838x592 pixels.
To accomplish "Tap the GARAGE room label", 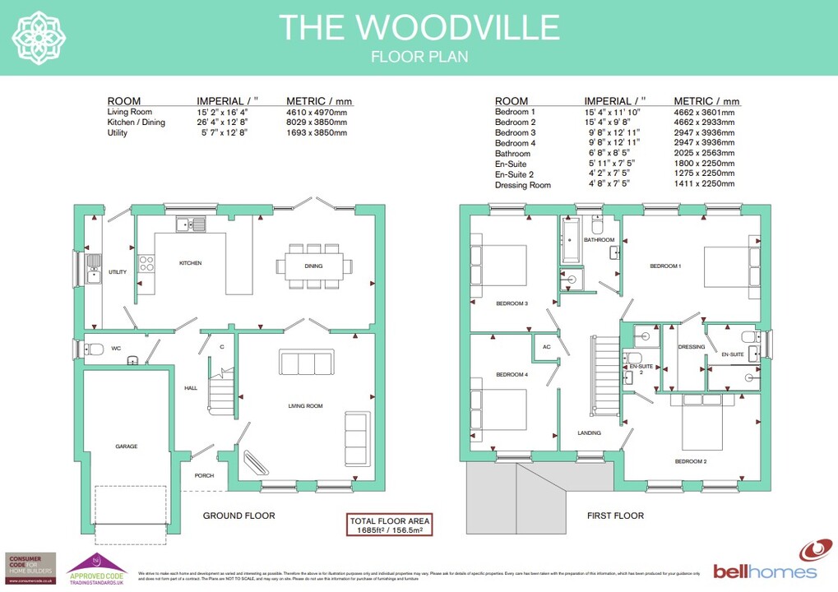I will click(126, 446).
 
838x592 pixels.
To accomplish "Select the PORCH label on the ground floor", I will click(204, 476).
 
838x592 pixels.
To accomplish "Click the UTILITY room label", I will click(118, 272).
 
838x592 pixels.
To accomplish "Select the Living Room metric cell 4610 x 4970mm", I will click(317, 112).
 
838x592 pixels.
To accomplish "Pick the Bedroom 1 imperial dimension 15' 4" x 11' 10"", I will click(611, 112).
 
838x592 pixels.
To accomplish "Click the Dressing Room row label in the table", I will click(522, 186).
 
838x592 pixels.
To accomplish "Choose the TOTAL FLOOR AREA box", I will click(390, 525).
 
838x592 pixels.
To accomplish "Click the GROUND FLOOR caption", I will click(238, 516).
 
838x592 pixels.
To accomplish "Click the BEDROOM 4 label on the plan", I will click(512, 375).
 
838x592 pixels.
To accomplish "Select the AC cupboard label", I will click(546, 346).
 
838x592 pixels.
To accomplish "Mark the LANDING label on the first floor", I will click(589, 432).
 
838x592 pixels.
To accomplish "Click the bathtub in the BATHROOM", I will click(572, 240).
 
